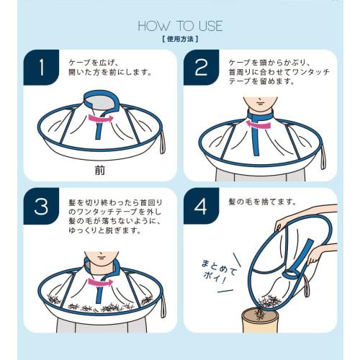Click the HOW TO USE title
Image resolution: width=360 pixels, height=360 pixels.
click(179, 27)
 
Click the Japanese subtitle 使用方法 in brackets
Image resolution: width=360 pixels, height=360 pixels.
click(179, 41)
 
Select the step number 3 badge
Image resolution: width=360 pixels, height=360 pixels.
click(41, 207)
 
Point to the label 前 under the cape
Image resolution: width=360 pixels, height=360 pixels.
click(99, 171)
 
